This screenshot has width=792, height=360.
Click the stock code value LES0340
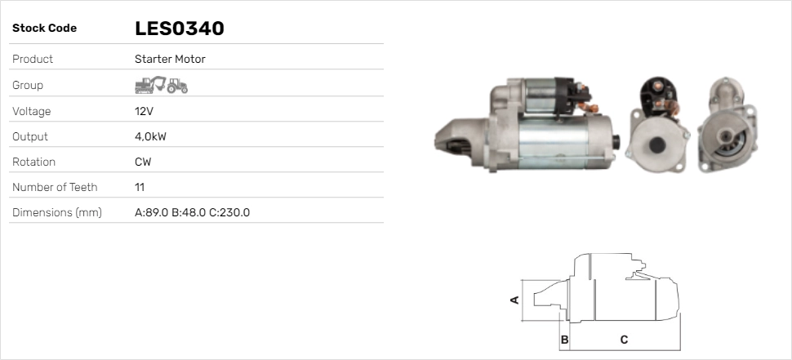click(x=180, y=29)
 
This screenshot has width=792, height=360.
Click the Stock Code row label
click(x=44, y=29)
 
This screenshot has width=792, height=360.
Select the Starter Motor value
click(x=170, y=59)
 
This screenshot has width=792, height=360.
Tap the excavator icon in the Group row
click(x=150, y=85)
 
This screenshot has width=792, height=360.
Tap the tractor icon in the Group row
click(x=177, y=86)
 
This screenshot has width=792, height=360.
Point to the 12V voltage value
click(x=144, y=111)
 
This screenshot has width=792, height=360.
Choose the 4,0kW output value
click(x=150, y=137)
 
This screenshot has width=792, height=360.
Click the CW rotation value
click(x=143, y=162)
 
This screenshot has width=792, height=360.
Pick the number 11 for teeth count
click(x=140, y=187)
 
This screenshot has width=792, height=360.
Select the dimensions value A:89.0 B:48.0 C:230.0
click(x=193, y=212)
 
